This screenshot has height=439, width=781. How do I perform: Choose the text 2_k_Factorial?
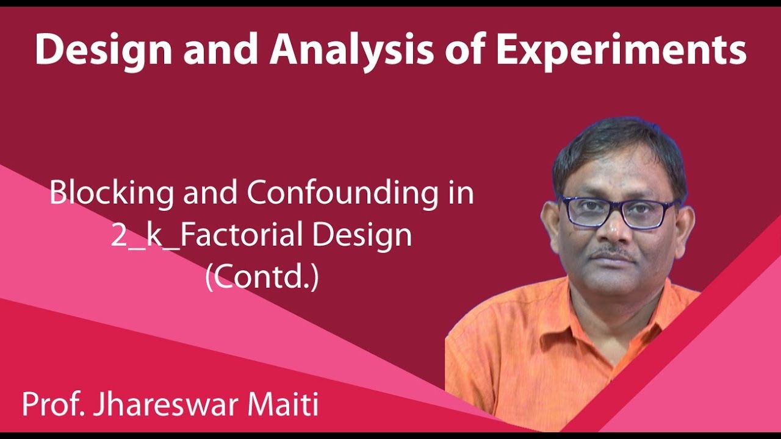click(x=207, y=235)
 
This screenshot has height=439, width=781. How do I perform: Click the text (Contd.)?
click(x=262, y=277)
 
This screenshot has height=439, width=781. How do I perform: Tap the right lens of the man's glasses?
click(x=649, y=214)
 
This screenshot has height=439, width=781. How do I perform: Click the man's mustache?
click(x=615, y=252)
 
